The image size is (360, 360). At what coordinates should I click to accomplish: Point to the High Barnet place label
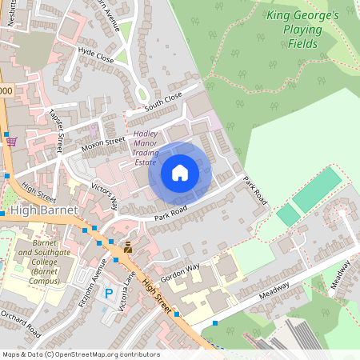click(x=43, y=210)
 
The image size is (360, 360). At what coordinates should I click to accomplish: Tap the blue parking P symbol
click(x=109, y=294)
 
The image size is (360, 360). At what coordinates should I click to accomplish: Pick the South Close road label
click(x=163, y=102)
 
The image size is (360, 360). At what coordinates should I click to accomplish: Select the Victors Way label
click(x=104, y=193)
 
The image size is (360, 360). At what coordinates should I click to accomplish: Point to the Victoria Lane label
click(x=123, y=291)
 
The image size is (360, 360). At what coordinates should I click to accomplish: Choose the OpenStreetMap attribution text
click(x=80, y=354)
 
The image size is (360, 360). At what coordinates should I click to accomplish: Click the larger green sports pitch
click(x=318, y=190)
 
